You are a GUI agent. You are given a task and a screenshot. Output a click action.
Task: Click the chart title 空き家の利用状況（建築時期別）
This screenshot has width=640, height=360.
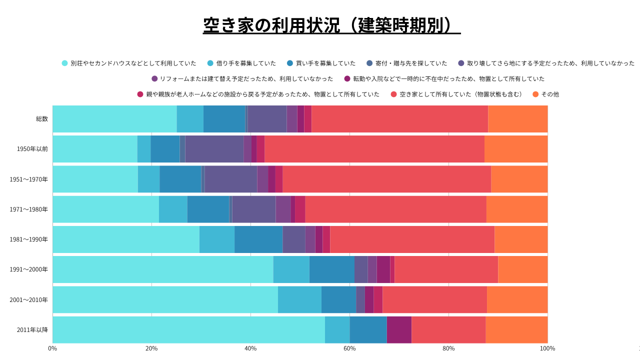(x=331, y=25)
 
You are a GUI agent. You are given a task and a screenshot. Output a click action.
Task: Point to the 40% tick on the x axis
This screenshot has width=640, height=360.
(x=250, y=348)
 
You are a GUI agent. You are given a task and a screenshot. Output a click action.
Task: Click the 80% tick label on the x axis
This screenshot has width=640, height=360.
(x=448, y=348)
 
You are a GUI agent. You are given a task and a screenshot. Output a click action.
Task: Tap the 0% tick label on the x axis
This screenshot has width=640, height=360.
(x=52, y=348)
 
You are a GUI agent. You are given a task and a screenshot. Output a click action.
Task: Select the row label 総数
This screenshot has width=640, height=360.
(x=42, y=119)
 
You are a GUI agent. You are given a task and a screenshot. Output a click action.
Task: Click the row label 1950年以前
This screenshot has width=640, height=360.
(x=32, y=149)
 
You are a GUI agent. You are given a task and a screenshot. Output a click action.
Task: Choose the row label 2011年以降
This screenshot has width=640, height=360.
(x=32, y=330)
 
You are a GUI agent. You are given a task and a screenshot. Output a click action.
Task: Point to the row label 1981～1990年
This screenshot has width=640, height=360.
(x=29, y=239)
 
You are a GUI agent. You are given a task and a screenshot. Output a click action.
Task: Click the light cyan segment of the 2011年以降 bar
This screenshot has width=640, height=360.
(x=188, y=330)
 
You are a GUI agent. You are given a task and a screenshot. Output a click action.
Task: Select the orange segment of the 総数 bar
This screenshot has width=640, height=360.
(x=517, y=119)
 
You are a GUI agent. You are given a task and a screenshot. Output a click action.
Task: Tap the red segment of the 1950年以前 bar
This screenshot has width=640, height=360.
(x=374, y=149)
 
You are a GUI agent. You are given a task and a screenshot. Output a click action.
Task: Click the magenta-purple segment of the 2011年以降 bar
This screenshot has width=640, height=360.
(x=399, y=330)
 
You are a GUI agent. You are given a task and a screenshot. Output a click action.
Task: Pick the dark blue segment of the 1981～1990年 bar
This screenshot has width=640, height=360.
(x=258, y=239)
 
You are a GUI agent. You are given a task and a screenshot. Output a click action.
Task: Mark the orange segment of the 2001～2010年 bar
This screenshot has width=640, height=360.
(x=517, y=300)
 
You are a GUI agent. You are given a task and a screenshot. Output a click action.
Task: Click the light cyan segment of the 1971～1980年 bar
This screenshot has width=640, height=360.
(x=105, y=209)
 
